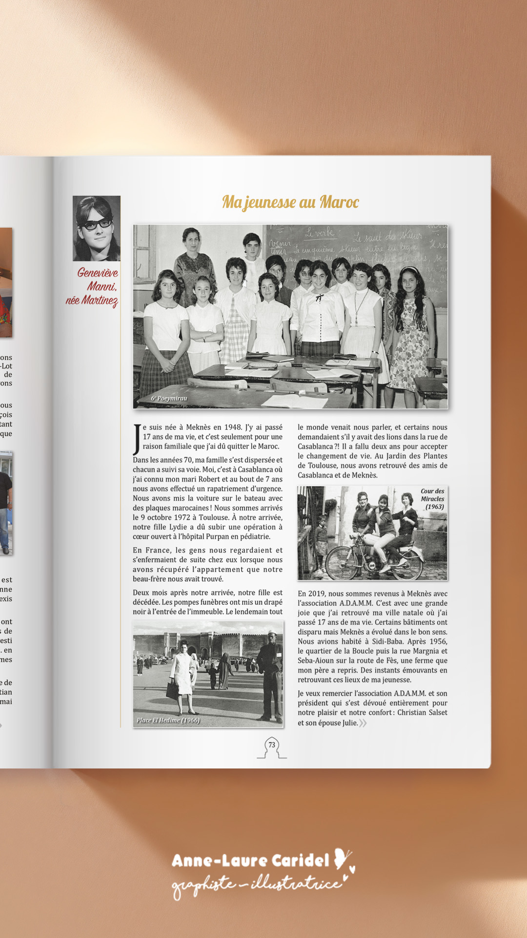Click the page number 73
(x=272, y=745)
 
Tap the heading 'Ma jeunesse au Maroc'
(x=290, y=202)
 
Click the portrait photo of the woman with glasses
(x=97, y=228)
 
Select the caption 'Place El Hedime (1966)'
(x=168, y=720)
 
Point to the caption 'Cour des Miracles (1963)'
(x=433, y=499)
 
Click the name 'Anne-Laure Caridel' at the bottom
(x=250, y=860)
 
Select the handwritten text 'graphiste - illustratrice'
(x=257, y=884)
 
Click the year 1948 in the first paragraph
(x=233, y=427)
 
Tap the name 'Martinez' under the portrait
(x=100, y=300)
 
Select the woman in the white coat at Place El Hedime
(x=182, y=675)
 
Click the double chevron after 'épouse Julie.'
(x=363, y=723)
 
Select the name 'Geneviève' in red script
(x=97, y=273)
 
